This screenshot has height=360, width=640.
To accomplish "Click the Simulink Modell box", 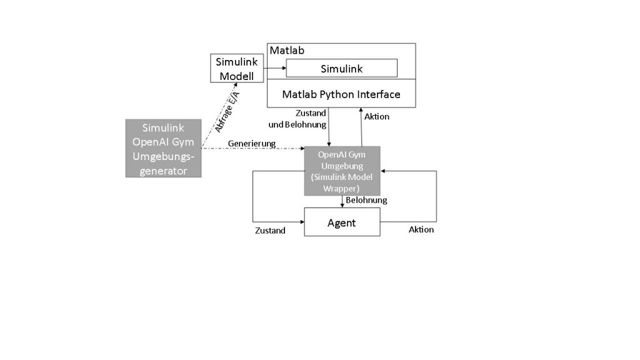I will pos(237,68).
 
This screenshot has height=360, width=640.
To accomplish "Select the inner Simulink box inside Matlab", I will pos(341,68).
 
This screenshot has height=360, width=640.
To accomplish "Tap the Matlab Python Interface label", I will pos(341,94).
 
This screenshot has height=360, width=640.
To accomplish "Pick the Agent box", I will pos(342,222).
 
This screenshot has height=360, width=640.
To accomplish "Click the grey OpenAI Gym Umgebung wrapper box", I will pos(342,171).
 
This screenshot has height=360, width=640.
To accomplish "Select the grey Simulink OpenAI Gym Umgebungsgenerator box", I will pos(164,148).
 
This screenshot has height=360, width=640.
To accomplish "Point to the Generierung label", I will pos(252,144).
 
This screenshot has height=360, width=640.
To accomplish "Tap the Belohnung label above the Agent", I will pos(366,200).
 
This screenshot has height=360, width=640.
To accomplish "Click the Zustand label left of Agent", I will pos(270,231).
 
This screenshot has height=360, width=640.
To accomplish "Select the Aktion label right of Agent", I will pos(421,229).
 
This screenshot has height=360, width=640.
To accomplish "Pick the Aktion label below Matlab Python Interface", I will pos(376,117).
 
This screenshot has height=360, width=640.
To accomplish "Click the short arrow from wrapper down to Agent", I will pos(342,202).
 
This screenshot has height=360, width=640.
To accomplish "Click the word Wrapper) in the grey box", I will pos(342,188).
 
